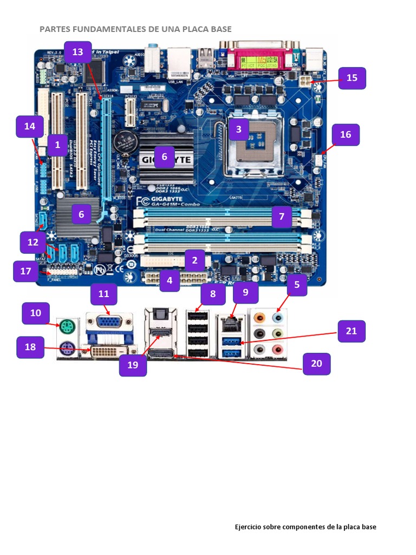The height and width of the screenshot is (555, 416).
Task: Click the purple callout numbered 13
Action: [78, 52]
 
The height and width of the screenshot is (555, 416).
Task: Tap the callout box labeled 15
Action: [352, 78]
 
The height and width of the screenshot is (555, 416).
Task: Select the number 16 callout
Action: [346, 134]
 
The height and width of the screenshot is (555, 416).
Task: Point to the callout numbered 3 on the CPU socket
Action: [238, 129]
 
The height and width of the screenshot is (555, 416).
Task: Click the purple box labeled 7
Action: [282, 217]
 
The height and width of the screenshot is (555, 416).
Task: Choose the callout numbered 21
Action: [352, 331]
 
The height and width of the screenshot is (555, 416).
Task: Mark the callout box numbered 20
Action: [316, 363]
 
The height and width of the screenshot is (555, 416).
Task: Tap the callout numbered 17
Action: [26, 271]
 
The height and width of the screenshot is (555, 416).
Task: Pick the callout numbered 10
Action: [36, 313]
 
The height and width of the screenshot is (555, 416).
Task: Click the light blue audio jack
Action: [278, 317]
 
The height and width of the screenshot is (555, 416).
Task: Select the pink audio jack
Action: [278, 350]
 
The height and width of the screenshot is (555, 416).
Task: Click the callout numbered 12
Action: [33, 242]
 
